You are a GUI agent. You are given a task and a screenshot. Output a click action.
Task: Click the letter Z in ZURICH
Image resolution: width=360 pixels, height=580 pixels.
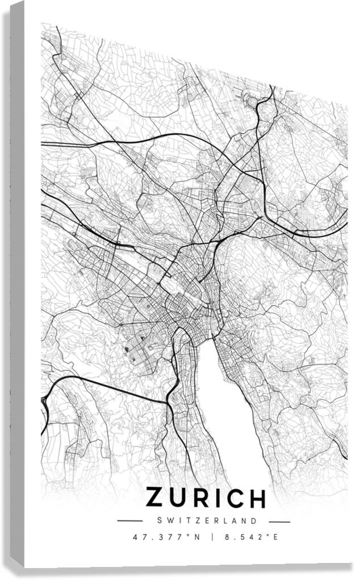click(156, 498)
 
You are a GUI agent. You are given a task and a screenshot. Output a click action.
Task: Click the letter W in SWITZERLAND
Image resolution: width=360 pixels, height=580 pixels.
click(169, 520)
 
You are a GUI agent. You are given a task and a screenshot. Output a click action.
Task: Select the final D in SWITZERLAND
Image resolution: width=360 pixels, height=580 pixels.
click(254, 520)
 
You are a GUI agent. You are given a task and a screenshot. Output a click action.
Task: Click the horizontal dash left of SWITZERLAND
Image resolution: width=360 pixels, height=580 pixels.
click(129, 520)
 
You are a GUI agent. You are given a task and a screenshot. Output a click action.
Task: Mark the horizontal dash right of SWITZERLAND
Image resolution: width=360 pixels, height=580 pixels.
click(279, 521)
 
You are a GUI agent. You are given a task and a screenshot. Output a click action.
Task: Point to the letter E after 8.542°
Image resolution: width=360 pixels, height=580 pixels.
click(275, 536)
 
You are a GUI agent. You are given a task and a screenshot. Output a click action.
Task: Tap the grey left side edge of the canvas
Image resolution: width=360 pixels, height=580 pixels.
click(17, 284)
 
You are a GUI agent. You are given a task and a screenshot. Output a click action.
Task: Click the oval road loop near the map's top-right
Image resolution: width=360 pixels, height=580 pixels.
click(252, 102)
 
